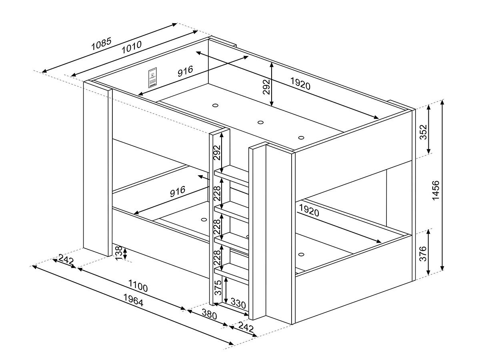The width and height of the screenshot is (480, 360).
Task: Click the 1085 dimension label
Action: point(101,44)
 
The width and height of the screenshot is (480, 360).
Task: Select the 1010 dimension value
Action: point(132,47)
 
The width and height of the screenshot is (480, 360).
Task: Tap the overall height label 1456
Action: point(436,190)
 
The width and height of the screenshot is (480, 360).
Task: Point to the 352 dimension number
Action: point(423,132)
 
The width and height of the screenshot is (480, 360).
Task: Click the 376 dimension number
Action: point(423,254)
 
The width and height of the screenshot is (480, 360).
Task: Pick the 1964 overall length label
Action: point(133,300)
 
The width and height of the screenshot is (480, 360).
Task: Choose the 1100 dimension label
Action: point(138,286)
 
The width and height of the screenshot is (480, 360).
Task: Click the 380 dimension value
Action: point(209,314)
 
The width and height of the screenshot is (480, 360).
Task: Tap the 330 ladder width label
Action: point(238,303)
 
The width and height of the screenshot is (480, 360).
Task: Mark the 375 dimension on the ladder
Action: point(218,288)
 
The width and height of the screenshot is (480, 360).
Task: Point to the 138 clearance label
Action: point(118,253)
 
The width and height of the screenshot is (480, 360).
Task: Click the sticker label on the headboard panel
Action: point(152,78)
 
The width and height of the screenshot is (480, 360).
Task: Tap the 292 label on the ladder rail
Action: point(217,152)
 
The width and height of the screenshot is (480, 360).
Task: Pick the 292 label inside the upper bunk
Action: point(266,87)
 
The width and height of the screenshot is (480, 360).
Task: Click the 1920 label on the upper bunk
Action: point(300,84)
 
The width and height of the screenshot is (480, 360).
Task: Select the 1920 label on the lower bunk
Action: point(309,210)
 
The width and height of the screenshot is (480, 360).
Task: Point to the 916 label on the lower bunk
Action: point(178,191)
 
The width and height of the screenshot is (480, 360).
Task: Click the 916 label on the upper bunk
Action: point(185,71)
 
